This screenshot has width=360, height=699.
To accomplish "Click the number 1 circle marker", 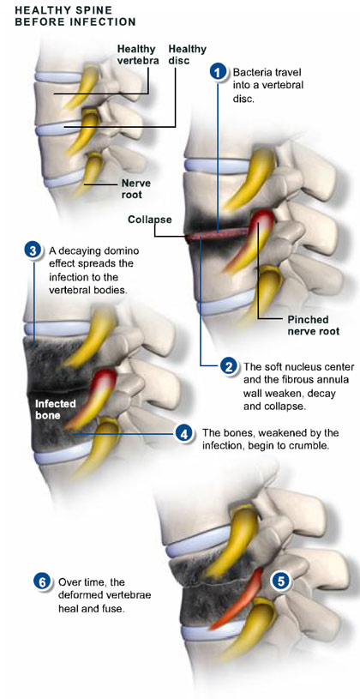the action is (x=218, y=72).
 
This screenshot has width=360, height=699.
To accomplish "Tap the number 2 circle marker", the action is (x=229, y=367).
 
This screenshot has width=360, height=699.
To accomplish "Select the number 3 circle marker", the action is (x=33, y=250).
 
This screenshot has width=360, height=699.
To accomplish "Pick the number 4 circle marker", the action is (x=183, y=433).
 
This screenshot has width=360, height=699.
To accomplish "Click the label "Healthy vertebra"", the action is (x=138, y=55).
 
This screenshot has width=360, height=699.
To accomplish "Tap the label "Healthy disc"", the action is (x=182, y=55).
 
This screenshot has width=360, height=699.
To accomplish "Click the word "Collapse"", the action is (x=150, y=220).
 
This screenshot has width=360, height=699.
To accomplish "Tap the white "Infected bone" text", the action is (x=56, y=410).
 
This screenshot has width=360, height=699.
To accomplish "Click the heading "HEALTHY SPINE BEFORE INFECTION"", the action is (x=75, y=15).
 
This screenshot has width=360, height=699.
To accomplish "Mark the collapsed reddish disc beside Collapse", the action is (x=218, y=234).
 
